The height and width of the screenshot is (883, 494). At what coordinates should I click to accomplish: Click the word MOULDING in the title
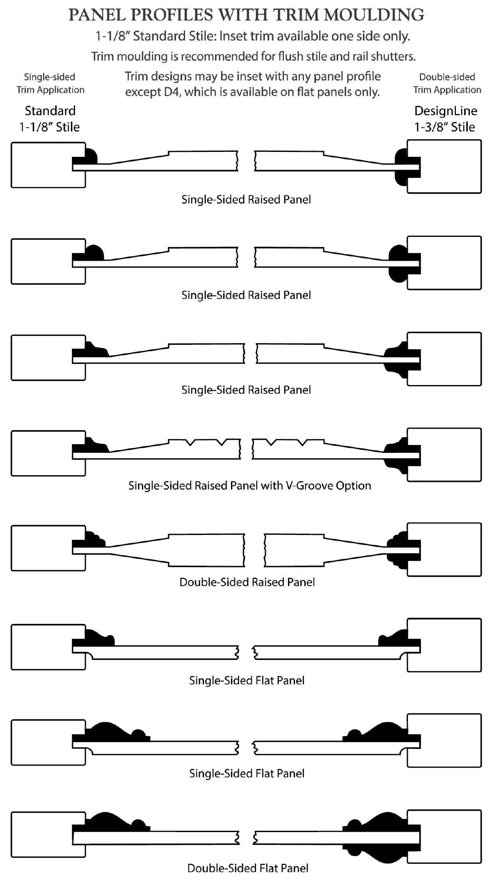pos(374,15)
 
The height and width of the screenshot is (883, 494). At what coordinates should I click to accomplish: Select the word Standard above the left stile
pos(50,111)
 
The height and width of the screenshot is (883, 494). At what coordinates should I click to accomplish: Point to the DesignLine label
pos(446,111)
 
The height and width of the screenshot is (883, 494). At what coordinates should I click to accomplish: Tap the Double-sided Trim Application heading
pos(447,83)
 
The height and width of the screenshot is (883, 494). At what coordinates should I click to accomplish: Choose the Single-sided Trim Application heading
pos(50,83)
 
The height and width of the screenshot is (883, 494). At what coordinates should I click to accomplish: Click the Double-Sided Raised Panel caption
pos(247,582)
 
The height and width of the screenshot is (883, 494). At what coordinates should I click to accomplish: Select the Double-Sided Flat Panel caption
pos(248,868)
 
